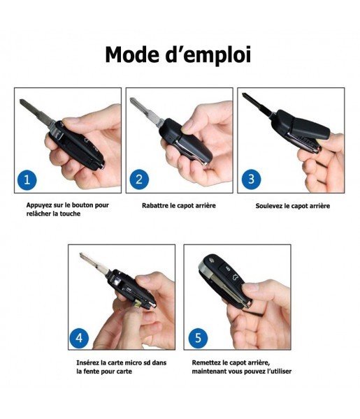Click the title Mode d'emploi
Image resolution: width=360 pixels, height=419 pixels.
tap(178, 55)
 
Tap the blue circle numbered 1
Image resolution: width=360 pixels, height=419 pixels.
tap(27, 179)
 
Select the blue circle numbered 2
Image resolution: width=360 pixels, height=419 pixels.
tap(139, 179)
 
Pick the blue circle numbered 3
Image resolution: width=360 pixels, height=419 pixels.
tap(251, 179)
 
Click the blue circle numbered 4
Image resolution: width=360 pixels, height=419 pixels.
tap(79, 338)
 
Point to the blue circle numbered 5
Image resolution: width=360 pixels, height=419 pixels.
tap(199, 338)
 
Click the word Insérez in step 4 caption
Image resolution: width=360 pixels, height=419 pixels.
tap(87, 362)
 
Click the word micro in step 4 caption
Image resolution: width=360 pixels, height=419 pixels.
tap(134, 362)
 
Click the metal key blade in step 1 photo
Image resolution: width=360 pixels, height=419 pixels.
tap(36, 112)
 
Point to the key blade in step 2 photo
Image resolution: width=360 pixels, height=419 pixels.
tap(147, 112)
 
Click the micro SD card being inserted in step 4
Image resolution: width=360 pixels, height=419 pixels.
tap(138, 303)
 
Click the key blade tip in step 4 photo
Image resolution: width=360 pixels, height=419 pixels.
tap(81, 254)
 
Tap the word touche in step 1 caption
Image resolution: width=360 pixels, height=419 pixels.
tap(70, 214)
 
